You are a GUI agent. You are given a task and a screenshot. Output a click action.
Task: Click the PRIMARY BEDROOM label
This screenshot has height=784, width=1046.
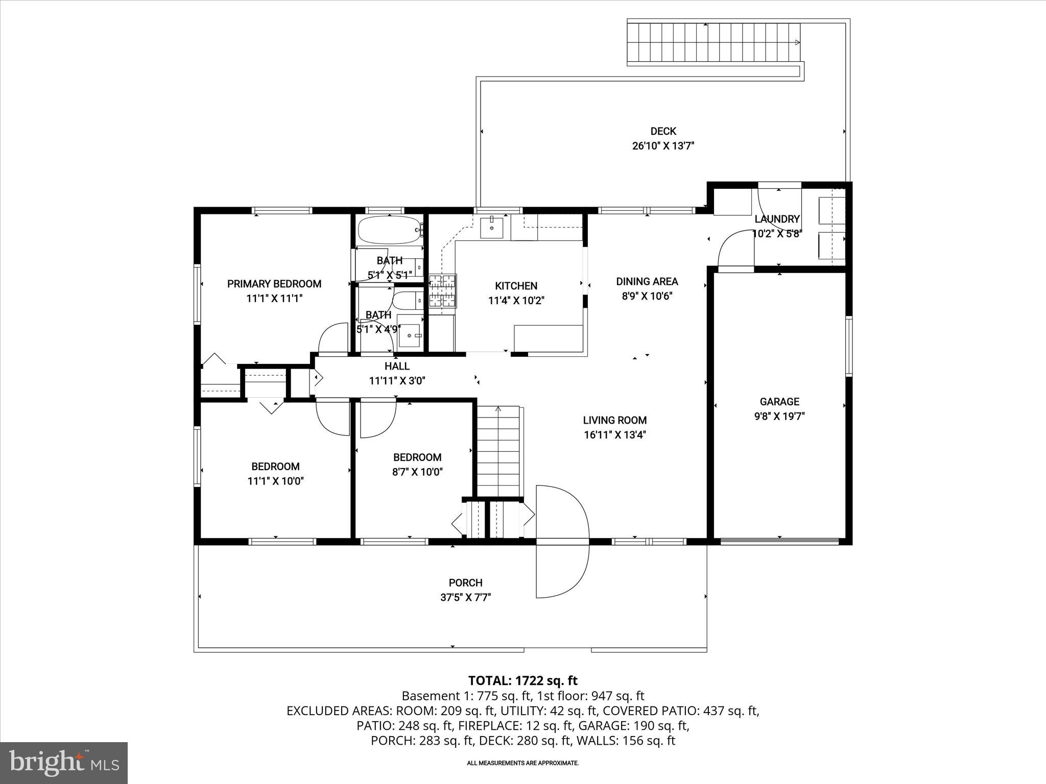click(x=274, y=284)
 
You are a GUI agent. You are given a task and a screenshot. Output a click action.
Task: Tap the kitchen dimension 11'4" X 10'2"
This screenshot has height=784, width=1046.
click(x=516, y=301)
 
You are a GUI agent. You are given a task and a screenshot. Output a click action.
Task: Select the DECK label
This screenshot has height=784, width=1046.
click(x=663, y=131)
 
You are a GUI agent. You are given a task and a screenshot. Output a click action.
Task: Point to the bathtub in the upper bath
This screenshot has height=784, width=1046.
click(x=388, y=230)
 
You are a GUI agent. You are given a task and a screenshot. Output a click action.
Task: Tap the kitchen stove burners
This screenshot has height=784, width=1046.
click(x=442, y=291)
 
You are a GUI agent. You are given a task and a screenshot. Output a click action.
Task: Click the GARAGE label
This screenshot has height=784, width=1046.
click(x=779, y=402)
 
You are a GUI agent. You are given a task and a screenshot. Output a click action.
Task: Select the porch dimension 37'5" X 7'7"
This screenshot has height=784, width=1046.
click(x=465, y=597)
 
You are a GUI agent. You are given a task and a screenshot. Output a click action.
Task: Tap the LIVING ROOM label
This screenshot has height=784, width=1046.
click(x=615, y=420)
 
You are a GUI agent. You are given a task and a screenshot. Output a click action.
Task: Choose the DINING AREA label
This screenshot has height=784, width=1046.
click(x=647, y=281)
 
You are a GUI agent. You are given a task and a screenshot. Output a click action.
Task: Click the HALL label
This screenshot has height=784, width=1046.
click(x=397, y=366)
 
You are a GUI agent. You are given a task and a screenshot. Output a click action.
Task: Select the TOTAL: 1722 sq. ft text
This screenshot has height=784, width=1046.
click(x=522, y=680)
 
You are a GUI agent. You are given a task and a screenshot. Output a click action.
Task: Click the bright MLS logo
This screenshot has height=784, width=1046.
click(x=64, y=763)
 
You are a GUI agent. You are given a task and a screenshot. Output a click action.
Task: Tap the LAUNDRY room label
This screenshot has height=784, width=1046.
click(x=777, y=219)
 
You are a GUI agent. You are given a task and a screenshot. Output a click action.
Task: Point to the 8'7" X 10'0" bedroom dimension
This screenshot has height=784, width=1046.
click(x=417, y=472)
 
